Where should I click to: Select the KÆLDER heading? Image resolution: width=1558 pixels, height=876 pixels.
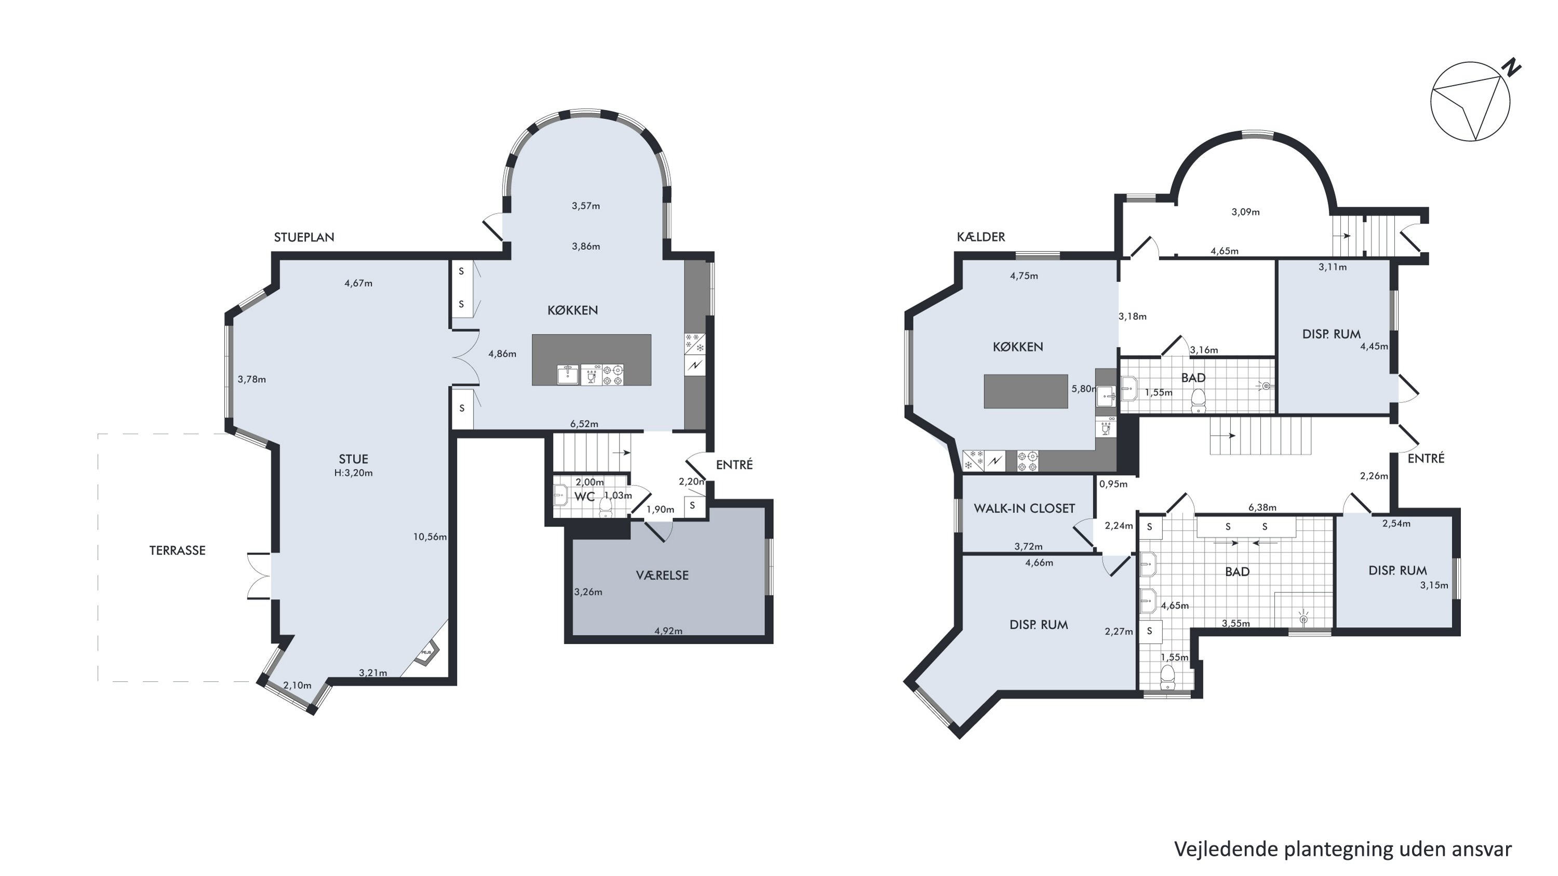[981, 237]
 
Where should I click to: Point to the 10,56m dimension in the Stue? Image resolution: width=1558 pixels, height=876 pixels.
[430, 537]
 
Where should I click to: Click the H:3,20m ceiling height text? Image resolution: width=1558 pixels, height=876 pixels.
[353, 473]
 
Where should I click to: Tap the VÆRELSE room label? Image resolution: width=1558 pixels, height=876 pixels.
[662, 575]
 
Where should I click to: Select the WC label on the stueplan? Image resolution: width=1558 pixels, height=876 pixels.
[584, 497]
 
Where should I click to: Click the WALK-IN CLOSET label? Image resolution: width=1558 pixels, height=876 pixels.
[1025, 508]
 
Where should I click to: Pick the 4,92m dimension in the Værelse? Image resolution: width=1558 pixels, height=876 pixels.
[668, 631]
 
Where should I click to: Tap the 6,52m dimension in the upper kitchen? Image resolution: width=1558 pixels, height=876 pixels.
[584, 424]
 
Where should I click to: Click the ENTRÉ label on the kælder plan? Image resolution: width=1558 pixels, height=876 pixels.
[1426, 459]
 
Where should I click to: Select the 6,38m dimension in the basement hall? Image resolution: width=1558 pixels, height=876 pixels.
[1263, 508]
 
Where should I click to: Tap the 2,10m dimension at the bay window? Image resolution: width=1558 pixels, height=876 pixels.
[298, 685]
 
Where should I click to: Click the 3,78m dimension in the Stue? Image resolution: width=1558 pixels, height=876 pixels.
[251, 380]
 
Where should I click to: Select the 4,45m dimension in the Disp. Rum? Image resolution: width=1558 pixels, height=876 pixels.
[1374, 347]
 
